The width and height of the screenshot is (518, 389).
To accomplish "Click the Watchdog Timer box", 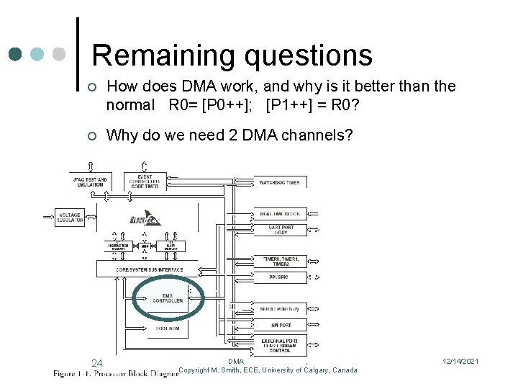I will point(279,182).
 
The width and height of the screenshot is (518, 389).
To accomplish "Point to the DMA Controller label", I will point(168,298).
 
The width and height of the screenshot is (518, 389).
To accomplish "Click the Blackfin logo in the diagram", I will point(145,220).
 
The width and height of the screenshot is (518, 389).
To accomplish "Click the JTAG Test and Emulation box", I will point(89,182).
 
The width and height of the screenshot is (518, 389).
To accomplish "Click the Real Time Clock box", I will point(279,214).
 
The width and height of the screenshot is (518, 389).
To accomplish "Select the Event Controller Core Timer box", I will point(145,181).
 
